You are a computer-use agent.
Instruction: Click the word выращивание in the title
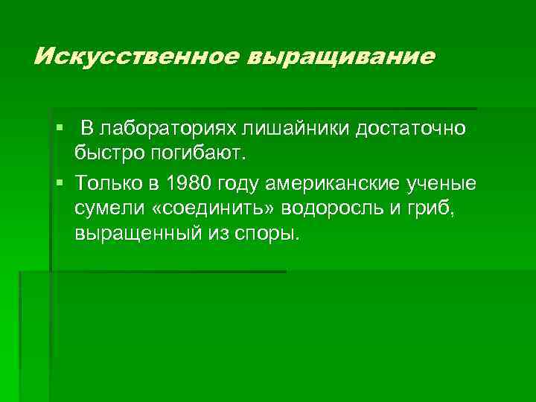coord(346,57)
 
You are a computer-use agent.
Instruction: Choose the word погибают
coord(200,156)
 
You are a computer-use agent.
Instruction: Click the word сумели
coord(107,209)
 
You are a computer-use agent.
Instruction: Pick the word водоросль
coord(335,209)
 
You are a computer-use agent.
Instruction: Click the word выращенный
coord(135,236)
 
